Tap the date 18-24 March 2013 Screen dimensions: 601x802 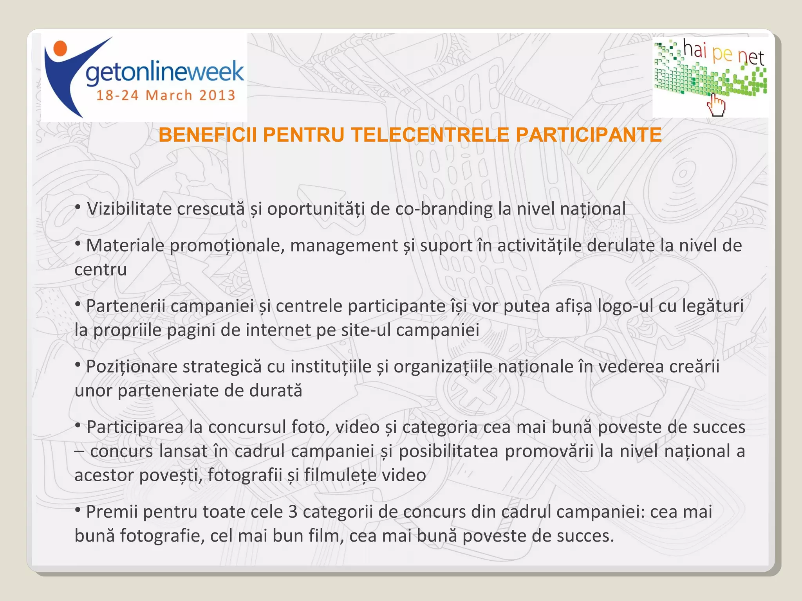tap(166, 95)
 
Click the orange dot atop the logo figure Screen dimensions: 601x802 tap(60, 48)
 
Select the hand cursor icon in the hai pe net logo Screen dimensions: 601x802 tap(716, 105)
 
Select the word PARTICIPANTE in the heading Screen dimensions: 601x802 tap(589, 135)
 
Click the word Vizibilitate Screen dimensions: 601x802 tap(129, 209)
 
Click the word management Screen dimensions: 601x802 tap(344, 246)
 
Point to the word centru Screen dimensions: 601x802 tap(101, 270)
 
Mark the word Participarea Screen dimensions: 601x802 tap(135, 427)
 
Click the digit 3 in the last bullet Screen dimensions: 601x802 tap(293, 512)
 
